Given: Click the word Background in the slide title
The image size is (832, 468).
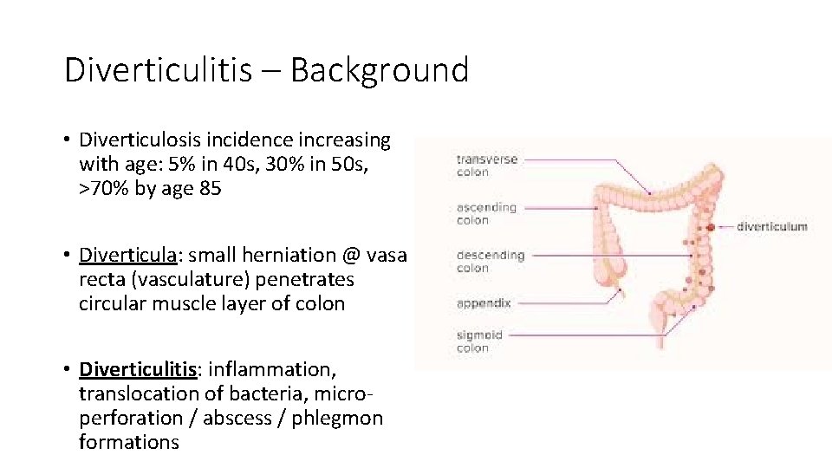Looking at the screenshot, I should click(x=380, y=70).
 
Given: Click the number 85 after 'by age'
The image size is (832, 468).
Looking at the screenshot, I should click(x=210, y=188).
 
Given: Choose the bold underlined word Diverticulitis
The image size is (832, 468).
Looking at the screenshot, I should click(x=138, y=369).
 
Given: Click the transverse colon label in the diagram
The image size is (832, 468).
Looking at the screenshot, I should click(x=486, y=166).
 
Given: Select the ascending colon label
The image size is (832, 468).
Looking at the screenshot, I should click(x=486, y=213).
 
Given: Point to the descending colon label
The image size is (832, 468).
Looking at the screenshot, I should click(x=490, y=262).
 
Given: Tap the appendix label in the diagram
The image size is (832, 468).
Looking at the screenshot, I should click(x=484, y=303).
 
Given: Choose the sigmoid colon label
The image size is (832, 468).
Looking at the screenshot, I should click(x=479, y=341).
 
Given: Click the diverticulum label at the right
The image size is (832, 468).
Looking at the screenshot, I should click(x=771, y=227).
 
